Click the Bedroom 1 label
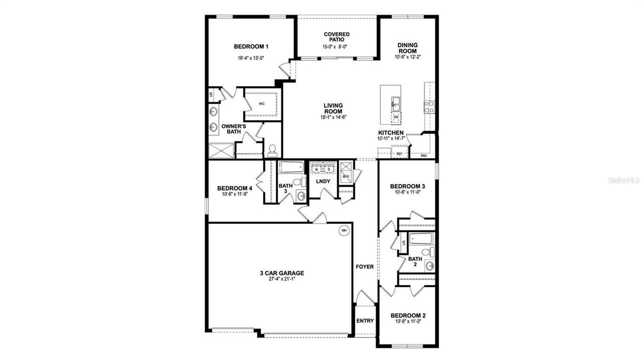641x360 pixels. pyautogui.click(x=251, y=47)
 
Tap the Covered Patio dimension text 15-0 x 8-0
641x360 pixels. pyautogui.click(x=336, y=47)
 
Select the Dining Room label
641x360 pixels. pyautogui.click(x=407, y=48)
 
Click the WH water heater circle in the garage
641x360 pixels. pyautogui.click(x=344, y=230)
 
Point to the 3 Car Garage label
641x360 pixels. pyautogui.click(x=281, y=273)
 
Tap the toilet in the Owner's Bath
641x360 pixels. pyautogui.click(x=272, y=149)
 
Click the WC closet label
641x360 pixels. pyautogui.click(x=261, y=104)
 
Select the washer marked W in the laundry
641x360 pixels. pyautogui.click(x=316, y=170)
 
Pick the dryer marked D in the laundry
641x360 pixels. pyautogui.click(x=329, y=170)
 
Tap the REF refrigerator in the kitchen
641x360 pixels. pyautogui.click(x=399, y=153)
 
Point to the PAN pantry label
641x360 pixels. pyautogui.click(x=424, y=156)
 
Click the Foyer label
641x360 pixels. pyautogui.click(x=365, y=267)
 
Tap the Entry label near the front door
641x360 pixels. pyautogui.click(x=365, y=320)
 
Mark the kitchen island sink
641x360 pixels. pyautogui.click(x=396, y=103)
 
